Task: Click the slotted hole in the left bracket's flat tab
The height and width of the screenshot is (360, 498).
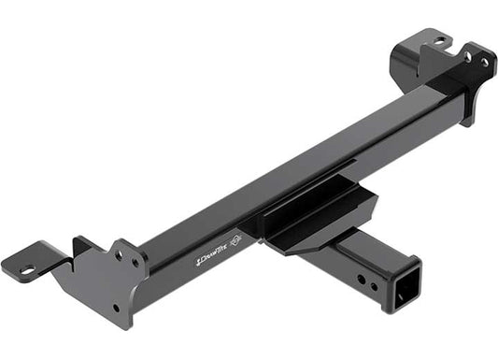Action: (x=27, y=270)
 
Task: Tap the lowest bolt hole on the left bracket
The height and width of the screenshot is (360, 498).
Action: (x=116, y=308)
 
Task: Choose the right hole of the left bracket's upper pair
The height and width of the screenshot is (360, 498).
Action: (x=135, y=263)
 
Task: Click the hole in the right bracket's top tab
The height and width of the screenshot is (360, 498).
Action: (x=439, y=41)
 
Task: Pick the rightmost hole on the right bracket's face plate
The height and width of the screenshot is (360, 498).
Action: (x=484, y=63)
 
